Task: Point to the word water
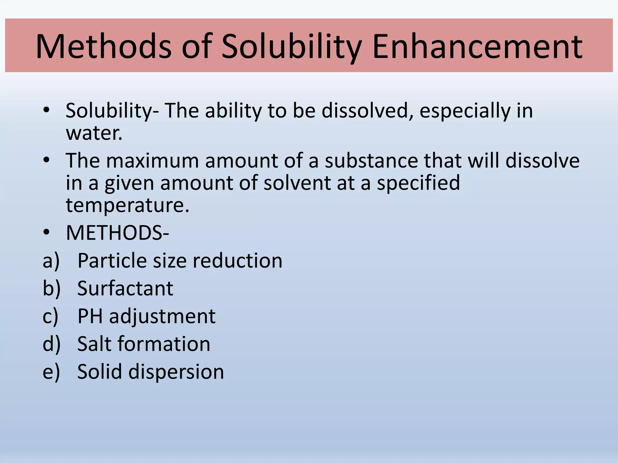94,133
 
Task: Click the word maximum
152,161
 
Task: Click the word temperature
127,206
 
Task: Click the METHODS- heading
117,233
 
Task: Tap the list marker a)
51,261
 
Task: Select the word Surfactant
125,288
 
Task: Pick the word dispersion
176,372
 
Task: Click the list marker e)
51,372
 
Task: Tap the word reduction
237,261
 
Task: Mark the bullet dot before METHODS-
46,233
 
